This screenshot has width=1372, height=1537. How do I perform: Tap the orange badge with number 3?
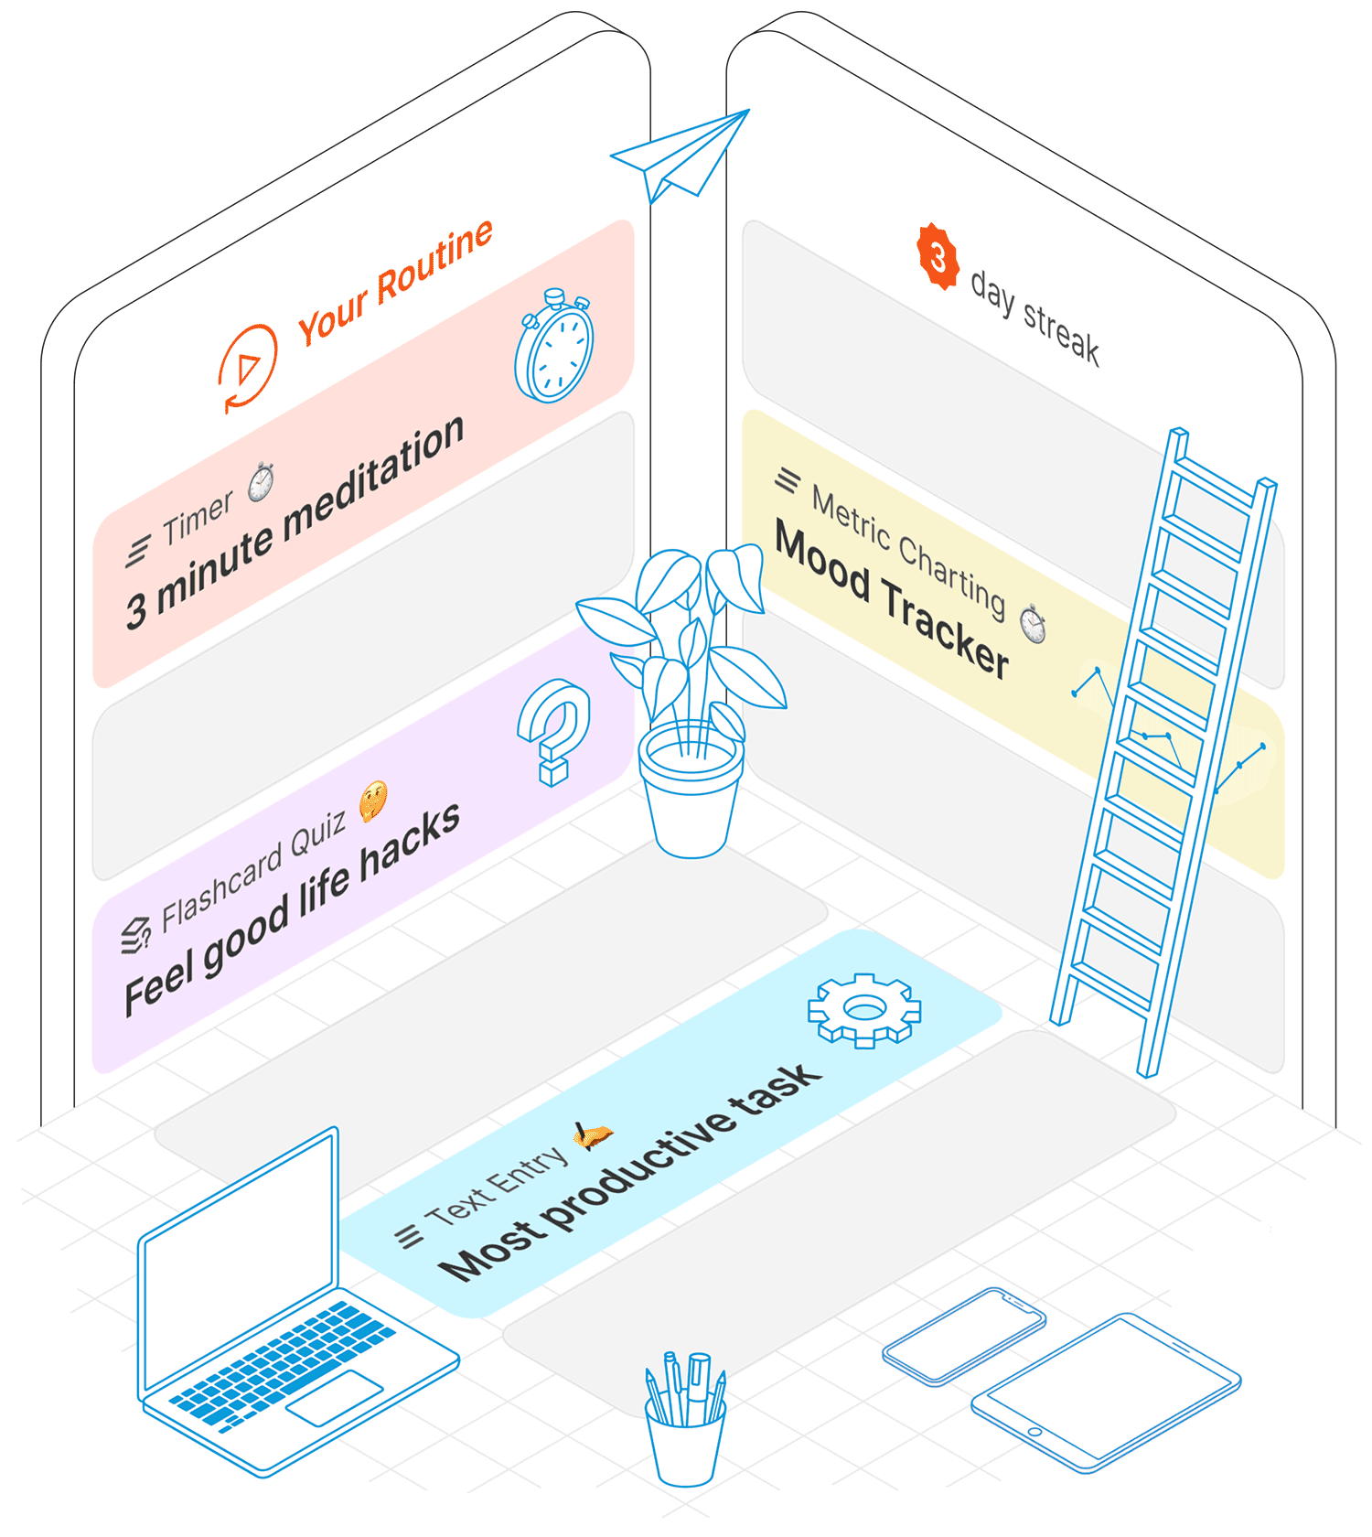click(x=938, y=257)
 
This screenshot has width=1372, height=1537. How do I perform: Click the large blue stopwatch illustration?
click(x=554, y=348)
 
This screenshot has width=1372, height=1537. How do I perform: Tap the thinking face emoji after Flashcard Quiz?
click(x=373, y=801)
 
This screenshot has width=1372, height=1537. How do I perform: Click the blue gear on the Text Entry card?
click(x=863, y=1010)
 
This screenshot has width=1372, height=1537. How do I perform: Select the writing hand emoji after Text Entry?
click(x=592, y=1135)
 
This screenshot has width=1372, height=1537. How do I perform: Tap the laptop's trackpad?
click(x=334, y=1398)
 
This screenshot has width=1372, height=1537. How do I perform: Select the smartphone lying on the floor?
click(x=963, y=1336)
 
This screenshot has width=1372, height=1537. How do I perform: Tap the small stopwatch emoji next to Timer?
click(x=262, y=481)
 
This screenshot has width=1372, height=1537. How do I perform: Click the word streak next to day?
click(x=1061, y=331)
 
